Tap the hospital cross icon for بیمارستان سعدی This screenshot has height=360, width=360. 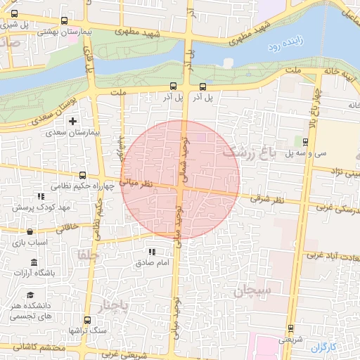72,122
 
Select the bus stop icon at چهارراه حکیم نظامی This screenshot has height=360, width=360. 83,175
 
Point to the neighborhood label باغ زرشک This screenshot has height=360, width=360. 247,150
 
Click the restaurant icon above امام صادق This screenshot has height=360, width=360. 152,252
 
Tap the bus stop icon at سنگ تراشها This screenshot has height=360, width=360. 87,320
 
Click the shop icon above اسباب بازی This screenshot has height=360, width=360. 30,231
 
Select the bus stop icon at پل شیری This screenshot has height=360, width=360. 65,21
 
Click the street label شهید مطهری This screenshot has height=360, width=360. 141,32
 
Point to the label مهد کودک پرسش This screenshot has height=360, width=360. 37,208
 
